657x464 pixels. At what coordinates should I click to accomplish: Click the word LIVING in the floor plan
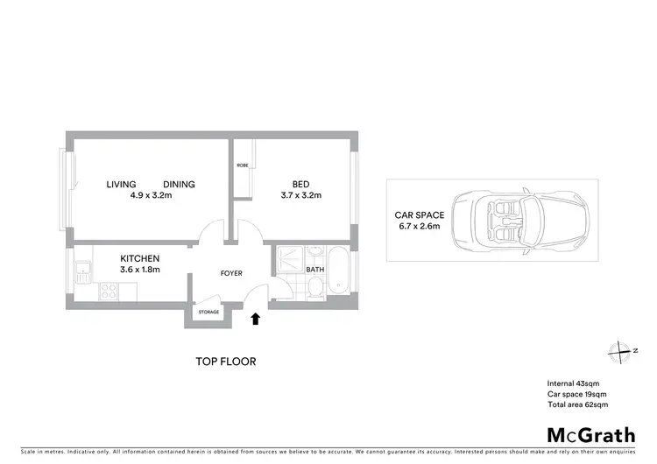point(121,184)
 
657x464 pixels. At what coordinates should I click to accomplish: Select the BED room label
point(300,184)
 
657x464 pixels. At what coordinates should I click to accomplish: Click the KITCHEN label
point(139,258)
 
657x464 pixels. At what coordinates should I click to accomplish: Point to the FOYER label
point(230,274)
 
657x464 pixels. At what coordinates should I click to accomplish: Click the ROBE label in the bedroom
point(242,165)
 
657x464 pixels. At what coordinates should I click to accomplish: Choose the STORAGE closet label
point(208,312)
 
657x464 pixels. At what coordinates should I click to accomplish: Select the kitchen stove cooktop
point(109,286)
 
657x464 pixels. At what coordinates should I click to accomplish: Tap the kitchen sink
point(82,271)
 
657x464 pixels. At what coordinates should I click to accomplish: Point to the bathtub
point(340,275)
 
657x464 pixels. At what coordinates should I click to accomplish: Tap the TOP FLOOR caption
point(225,362)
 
